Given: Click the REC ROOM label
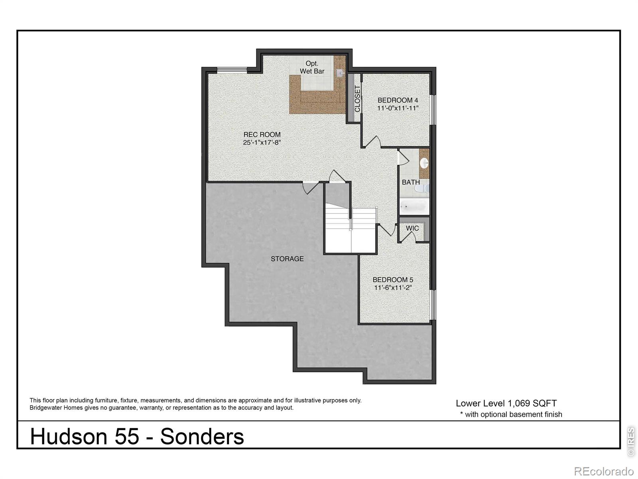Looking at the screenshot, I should click(262, 135).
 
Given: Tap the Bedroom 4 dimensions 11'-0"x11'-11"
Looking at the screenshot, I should click(398, 108).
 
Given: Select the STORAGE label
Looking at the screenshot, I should click(287, 259).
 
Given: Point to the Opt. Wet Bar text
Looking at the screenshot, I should click(312, 67).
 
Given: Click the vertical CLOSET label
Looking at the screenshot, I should click(357, 98).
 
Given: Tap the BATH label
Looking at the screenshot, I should click(411, 182).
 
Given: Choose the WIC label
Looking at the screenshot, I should click(412, 228).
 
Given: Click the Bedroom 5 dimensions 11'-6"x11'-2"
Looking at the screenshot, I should click(393, 288).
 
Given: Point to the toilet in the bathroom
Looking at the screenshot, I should click(425, 188).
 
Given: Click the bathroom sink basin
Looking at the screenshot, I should click(425, 163).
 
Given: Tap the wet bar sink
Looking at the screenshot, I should click(339, 73).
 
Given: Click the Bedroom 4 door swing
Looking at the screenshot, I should click(373, 142).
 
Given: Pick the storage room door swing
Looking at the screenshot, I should click(310, 188).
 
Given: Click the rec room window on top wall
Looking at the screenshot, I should click(232, 70).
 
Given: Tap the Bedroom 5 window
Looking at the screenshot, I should click(433, 305).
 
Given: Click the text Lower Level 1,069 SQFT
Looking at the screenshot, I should click(506, 403).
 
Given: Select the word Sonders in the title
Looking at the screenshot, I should click(202, 436).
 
